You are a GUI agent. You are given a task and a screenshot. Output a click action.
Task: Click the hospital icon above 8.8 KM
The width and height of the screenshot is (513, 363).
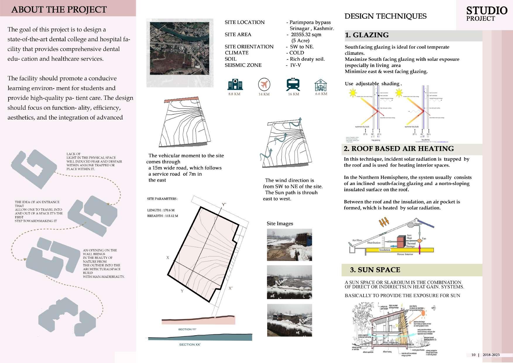coord(235,85)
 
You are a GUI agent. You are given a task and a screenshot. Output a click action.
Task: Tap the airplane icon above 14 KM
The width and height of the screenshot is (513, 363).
coord(264,85)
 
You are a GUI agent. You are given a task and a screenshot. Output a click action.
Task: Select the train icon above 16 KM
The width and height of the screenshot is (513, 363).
coord(293,85)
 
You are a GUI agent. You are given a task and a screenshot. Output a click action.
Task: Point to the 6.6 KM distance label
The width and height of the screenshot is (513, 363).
coord(321,94)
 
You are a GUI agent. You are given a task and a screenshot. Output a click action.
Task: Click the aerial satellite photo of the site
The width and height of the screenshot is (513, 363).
coord(180,48)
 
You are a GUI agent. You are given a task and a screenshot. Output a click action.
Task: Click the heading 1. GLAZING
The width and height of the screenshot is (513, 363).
coord(367,35)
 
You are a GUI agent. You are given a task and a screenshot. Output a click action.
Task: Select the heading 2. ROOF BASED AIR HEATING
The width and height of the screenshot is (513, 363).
coord(399,149)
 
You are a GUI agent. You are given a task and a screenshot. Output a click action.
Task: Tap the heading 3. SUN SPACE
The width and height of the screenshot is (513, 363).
coord(375,270)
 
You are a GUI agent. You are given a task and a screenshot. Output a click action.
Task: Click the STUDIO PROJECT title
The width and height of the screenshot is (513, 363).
coord(486,13)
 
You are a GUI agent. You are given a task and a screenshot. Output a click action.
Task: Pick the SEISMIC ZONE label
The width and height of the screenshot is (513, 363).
coord(243,65)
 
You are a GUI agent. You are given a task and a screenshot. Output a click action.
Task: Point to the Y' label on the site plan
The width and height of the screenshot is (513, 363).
coord(224,205)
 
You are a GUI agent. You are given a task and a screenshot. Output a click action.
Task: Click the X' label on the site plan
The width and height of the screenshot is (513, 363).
coord(231,288)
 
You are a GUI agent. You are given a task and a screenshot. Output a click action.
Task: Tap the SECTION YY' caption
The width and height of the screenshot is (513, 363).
coord(187,330)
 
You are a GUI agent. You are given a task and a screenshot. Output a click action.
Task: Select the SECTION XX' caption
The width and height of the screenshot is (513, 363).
coord(190,345)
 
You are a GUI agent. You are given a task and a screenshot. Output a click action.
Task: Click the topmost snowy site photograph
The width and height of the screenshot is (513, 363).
coord(289,245)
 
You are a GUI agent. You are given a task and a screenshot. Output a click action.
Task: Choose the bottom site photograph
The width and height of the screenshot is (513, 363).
coord(289,320)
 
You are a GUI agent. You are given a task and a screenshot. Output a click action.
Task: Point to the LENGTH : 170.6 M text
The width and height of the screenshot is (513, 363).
coord(161,210)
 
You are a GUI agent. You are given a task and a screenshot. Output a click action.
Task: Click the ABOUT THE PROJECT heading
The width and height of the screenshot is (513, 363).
coord(59,10)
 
